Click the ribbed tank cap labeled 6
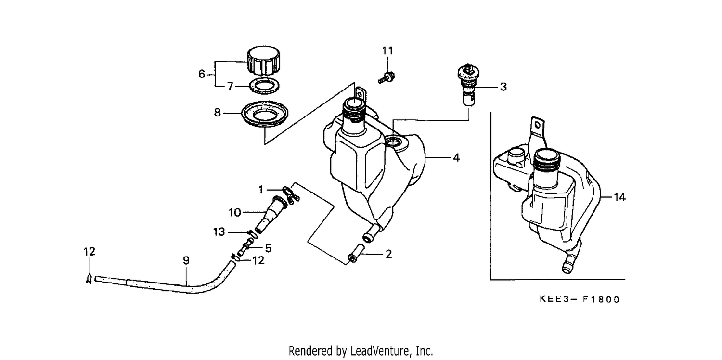click(263, 61)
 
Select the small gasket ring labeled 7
click(265, 86)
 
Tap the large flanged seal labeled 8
click(265, 114)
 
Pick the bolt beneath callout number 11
click(387, 77)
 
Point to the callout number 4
click(456, 157)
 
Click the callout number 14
click(619, 197)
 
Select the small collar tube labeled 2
click(356, 253)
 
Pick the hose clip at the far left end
click(89, 279)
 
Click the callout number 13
click(219, 231)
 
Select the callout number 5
click(268, 248)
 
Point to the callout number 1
click(261, 190)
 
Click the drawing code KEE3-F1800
click(580, 299)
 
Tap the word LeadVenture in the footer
click(380, 351)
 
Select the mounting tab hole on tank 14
click(537, 125)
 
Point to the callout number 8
click(217, 113)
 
